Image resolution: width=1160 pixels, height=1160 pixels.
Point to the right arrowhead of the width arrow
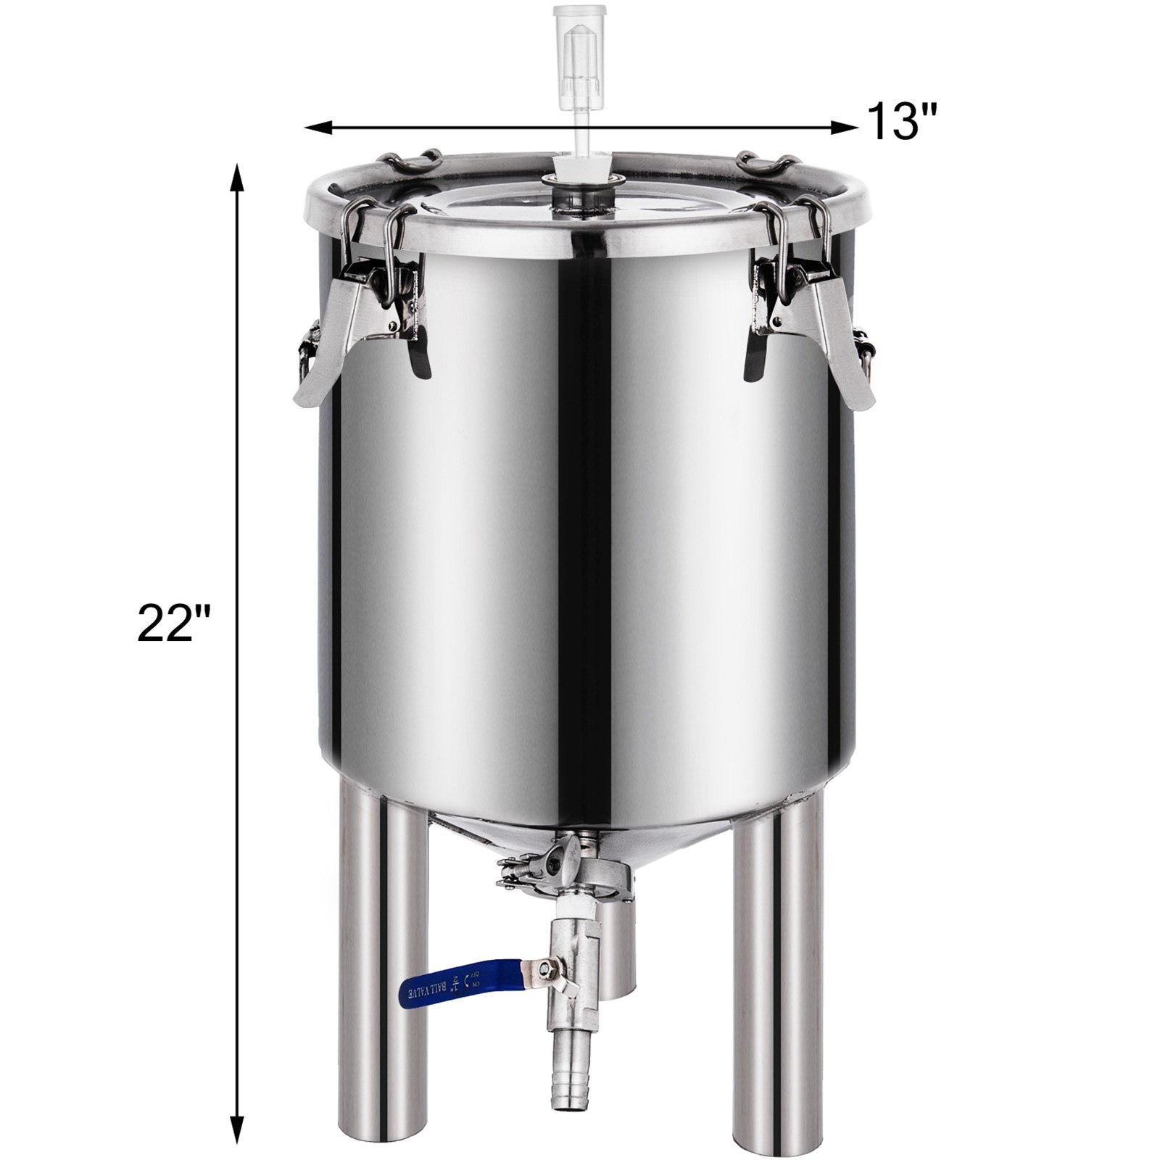[x=845, y=128]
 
